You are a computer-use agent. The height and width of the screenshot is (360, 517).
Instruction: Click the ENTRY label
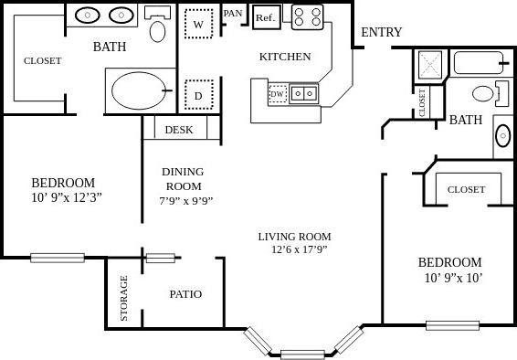point(381,33)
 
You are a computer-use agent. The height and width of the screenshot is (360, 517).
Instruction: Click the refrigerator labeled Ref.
point(265,17)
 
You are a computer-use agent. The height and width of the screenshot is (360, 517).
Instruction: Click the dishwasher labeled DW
point(277,93)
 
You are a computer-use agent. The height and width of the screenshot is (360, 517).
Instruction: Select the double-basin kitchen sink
point(305,92)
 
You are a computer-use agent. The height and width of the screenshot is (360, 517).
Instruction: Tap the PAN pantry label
point(233,13)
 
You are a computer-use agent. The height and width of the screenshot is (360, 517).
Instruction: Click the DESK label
point(179,130)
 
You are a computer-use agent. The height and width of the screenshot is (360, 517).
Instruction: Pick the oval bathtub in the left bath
point(139,90)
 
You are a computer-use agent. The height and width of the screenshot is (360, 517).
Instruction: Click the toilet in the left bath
point(158,27)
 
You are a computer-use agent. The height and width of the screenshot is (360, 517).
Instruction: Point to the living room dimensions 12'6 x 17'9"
point(300,249)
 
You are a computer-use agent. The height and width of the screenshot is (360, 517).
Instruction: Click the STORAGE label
point(124,298)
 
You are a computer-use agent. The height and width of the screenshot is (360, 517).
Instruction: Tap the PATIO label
point(185,294)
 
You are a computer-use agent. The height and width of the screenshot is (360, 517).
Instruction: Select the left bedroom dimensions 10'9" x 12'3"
point(63,196)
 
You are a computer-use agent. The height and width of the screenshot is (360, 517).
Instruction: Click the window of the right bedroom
point(452,324)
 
